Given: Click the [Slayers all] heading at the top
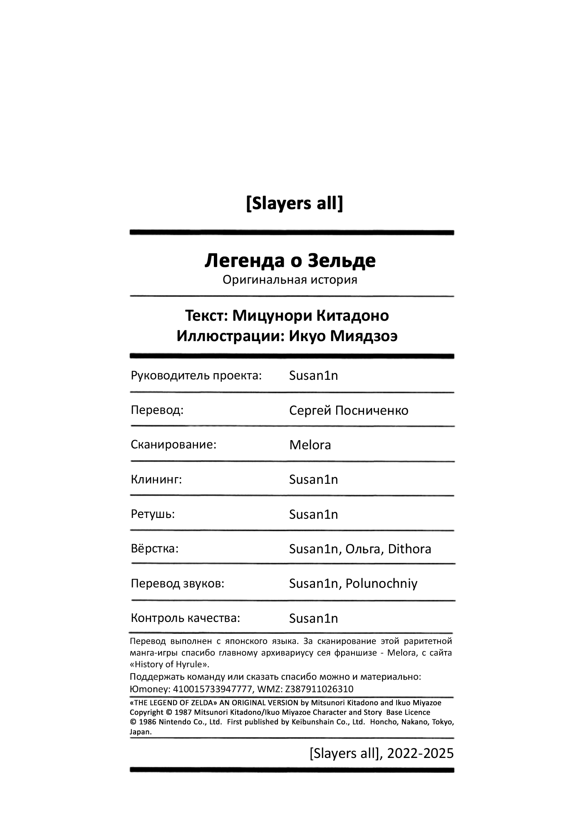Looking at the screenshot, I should coord(294,204).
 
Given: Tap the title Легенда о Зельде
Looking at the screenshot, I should coord(290,261).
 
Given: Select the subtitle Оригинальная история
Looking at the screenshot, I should coord(290,280).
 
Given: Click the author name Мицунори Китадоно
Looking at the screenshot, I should coord(310,316).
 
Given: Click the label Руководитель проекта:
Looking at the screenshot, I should coord(196,376).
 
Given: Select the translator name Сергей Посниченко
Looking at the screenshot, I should coord(349,411).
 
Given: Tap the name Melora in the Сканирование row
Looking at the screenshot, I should coord(310,445).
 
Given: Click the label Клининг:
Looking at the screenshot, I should coord(156,480).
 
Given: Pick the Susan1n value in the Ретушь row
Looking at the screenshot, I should coord(313,515).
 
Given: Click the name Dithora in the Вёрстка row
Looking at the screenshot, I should coord(409,549).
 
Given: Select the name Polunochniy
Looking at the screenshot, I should coord(381,584).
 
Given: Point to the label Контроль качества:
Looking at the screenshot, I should coord(185,618).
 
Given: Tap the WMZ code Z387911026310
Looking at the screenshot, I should coord(319,689).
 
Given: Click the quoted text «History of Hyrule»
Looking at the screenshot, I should coord(169,664).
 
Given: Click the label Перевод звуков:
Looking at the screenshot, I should coord(177,584).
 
